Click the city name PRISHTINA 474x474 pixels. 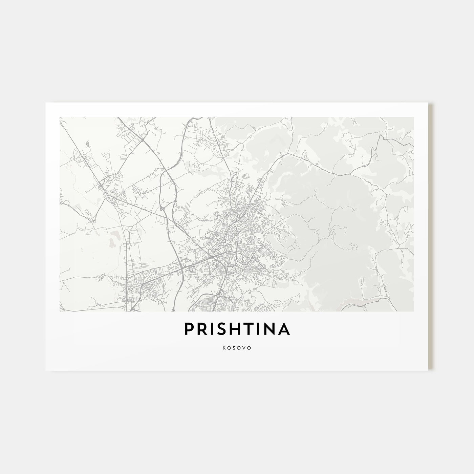[237, 329]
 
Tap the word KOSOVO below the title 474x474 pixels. [237, 348]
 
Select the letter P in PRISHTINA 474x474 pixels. [189, 329]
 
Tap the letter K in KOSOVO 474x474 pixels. [224, 348]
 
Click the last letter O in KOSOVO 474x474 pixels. [250, 348]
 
